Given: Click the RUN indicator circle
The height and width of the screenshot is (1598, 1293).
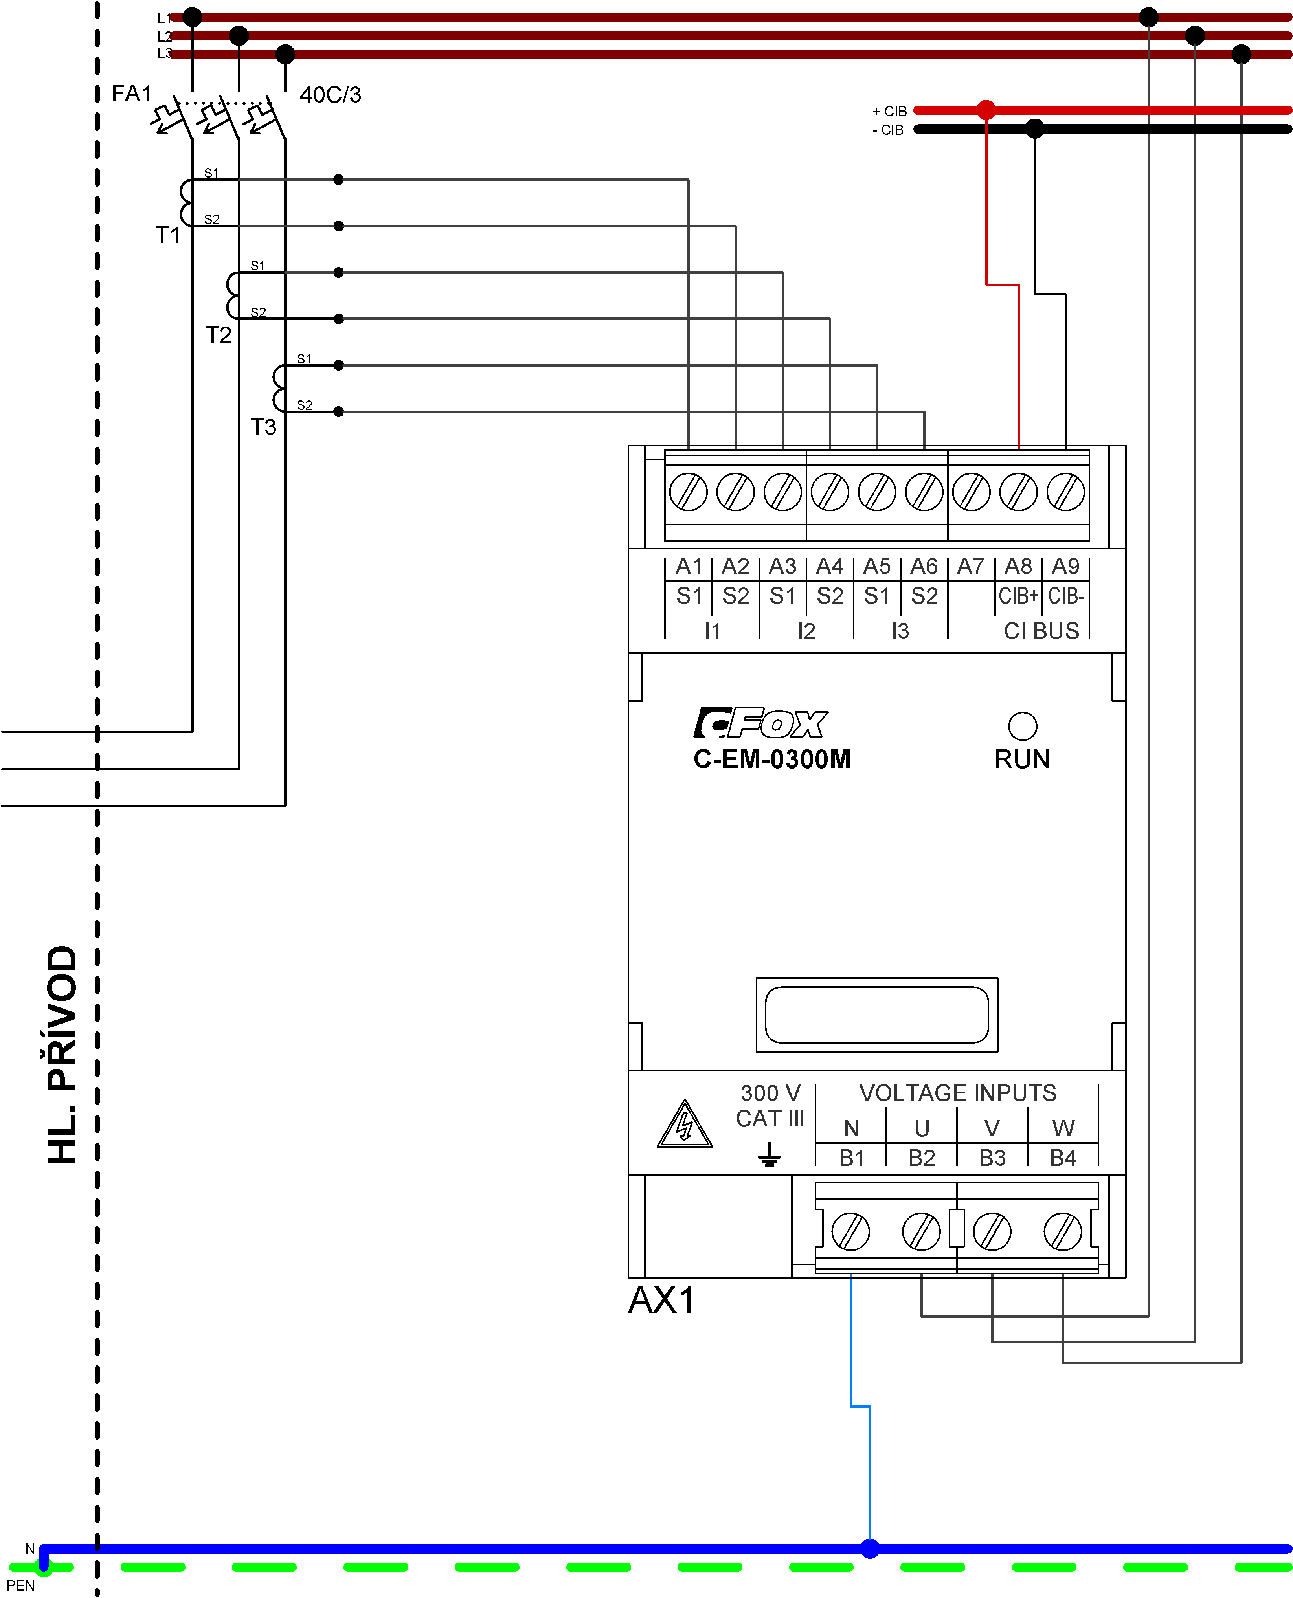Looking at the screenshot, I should click(1022, 726).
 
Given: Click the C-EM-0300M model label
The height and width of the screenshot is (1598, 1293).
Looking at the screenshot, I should click(771, 759).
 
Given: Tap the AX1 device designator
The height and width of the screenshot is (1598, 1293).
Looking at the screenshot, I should click(661, 1300).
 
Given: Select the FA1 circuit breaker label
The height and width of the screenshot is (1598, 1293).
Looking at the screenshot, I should click(131, 94).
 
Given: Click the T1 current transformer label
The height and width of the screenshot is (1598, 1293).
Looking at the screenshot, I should click(167, 235).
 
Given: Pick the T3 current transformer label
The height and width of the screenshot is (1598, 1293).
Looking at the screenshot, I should click(263, 427).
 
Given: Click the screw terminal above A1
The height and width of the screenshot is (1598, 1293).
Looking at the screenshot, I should click(688, 492).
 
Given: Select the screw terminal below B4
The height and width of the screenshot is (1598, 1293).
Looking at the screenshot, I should click(1063, 1232).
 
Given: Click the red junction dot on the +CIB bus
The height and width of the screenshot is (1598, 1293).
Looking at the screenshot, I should click(986, 110).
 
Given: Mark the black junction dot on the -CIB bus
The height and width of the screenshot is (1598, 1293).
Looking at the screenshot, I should click(1034, 129).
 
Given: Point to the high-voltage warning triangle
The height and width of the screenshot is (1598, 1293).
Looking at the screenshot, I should click(685, 1126).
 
